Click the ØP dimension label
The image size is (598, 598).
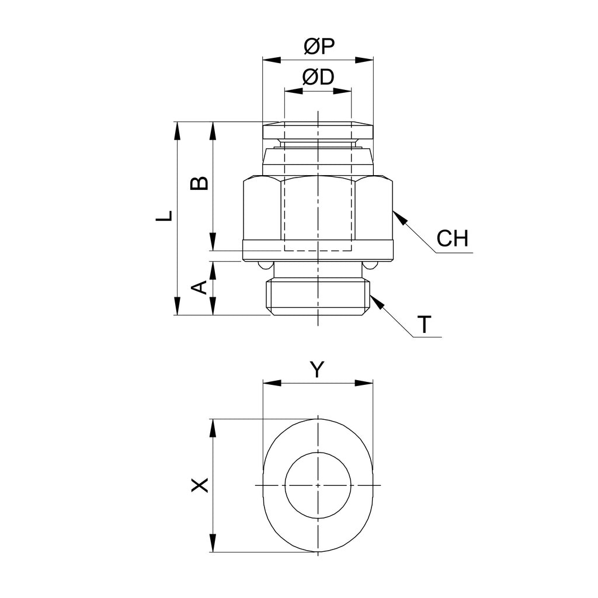pos(319,46)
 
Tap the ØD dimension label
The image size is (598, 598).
pos(318,77)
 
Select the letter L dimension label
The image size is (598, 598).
pos(164,216)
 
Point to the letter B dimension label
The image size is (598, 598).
pos(200,183)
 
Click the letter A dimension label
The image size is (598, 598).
pos(200,287)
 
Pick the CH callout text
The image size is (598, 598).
pos(453,238)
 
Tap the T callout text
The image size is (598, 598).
pos(424,325)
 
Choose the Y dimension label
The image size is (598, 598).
pos(317,369)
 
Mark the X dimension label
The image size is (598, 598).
pos(200,485)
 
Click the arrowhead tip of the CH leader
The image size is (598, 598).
pos(393,210)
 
